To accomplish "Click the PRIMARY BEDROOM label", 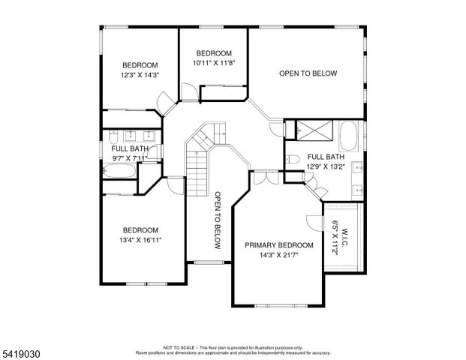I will [278, 245].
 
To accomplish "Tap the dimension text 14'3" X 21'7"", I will [278, 256].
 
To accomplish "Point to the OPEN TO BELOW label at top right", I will [308, 73].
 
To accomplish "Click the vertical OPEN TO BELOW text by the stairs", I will [217, 220].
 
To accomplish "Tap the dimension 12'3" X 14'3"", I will [140, 75].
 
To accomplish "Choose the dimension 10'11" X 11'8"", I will [214, 64].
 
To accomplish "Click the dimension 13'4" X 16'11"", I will [140, 240].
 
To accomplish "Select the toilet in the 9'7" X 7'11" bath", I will [111, 136].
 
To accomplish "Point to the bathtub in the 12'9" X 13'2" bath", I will [349, 136].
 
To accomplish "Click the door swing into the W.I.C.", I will [312, 223].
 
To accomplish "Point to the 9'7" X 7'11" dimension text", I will [130, 158].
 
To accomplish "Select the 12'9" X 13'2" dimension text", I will [325, 166].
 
